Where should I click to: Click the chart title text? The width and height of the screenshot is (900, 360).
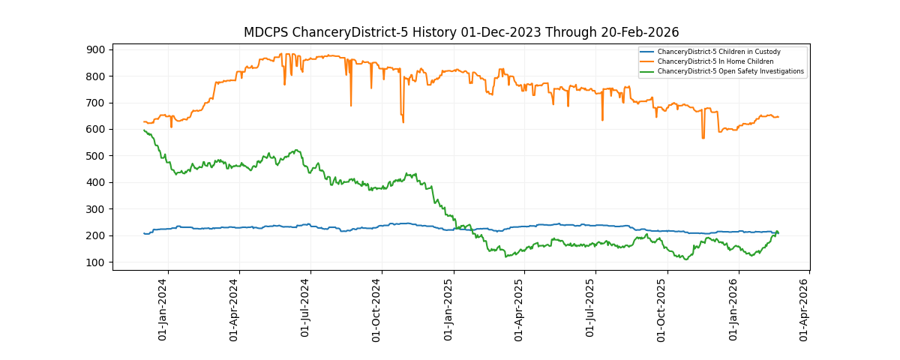point(460,32)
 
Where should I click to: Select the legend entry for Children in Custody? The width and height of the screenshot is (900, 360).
point(718,52)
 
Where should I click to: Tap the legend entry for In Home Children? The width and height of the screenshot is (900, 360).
point(715,61)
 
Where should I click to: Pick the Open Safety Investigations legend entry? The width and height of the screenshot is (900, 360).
point(730,71)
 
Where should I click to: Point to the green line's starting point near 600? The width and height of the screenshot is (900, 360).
point(144,130)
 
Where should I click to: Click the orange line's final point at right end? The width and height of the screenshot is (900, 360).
point(778,117)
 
